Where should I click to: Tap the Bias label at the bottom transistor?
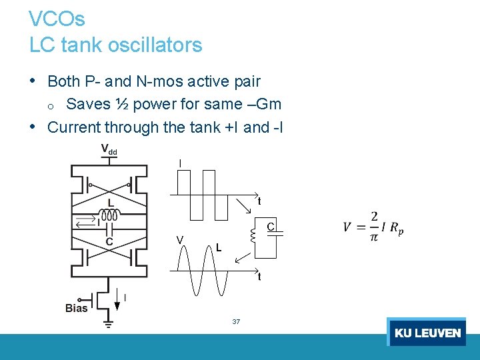click(x=76, y=308)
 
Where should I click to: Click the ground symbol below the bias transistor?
click(x=108, y=324)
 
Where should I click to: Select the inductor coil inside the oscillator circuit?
click(x=109, y=215)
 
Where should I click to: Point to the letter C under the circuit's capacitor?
click(x=109, y=241)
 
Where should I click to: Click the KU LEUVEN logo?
click(x=427, y=332)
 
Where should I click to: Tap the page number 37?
click(x=236, y=322)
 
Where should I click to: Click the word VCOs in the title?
click(x=57, y=19)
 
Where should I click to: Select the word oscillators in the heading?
click(x=153, y=45)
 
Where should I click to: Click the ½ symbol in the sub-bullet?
click(x=121, y=104)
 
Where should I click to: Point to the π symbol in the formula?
click(x=375, y=237)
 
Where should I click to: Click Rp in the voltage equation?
click(x=396, y=228)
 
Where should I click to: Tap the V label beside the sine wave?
click(x=180, y=239)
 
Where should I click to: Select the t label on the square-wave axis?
click(x=259, y=201)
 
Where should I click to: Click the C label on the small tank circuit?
click(x=271, y=227)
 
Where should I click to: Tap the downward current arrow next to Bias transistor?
click(x=117, y=303)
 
